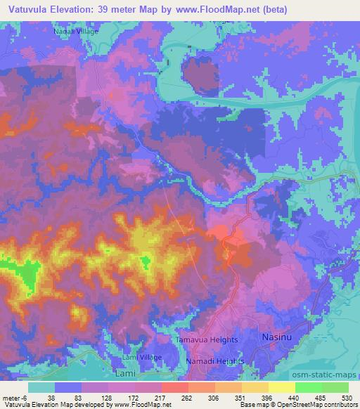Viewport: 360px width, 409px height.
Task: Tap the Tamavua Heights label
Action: (205, 340)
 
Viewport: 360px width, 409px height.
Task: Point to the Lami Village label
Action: (142, 358)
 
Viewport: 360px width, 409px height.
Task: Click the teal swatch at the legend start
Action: (41, 387)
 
